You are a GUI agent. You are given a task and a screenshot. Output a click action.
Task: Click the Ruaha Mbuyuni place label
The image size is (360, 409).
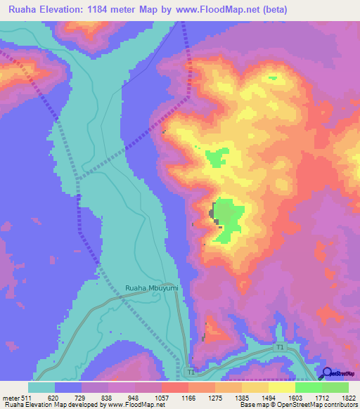click(x=152, y=288)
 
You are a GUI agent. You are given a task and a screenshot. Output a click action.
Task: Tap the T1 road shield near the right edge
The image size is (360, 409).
click(x=280, y=348)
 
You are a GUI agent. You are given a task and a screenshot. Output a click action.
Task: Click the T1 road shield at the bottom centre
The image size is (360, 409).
click(x=191, y=371)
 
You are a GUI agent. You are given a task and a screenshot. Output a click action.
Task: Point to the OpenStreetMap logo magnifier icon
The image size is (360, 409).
click(x=326, y=373)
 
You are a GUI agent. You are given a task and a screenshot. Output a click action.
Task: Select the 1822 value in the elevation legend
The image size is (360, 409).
click(x=348, y=397)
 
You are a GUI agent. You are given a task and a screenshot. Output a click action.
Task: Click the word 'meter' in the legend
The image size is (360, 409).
click(x=11, y=397)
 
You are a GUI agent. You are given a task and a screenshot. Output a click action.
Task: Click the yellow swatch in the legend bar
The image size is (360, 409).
click(x=281, y=387)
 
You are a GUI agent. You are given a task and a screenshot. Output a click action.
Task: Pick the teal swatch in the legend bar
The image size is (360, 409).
click(x=41, y=387)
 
